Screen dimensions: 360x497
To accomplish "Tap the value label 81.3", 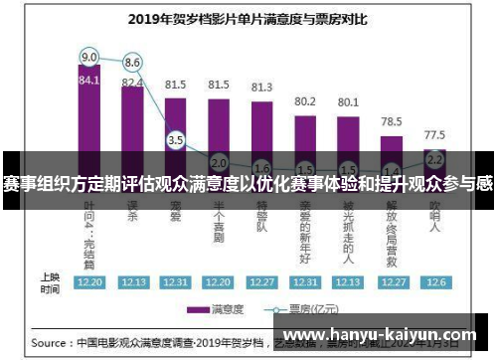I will tap(261, 88).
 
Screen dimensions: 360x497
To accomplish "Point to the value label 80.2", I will tap(305, 101).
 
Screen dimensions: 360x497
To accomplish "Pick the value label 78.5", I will tap(392, 120).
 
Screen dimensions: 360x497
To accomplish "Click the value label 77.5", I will tap(434, 134).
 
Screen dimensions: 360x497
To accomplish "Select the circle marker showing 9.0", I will tap(89, 56).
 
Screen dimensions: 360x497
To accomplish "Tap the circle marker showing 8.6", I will tap(132, 63).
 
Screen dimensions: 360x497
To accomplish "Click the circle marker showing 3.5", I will tap(176, 140).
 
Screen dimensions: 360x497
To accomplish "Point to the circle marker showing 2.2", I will tap(434, 159).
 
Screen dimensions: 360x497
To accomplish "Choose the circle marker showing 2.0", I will tap(219, 162).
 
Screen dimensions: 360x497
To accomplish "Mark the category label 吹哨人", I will tap(434, 221).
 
